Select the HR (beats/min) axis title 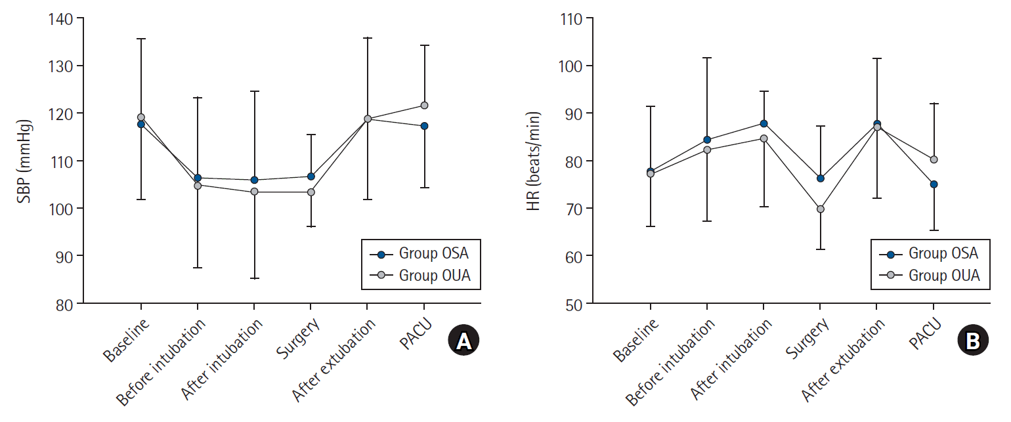[535, 161]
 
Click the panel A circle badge [463, 341]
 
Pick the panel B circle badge [973, 341]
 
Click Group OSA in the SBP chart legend [433, 253]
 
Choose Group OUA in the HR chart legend [943, 276]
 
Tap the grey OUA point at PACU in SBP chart [424, 105]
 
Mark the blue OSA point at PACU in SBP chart [424, 125]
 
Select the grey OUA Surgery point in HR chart [820, 209]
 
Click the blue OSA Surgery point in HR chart [820, 178]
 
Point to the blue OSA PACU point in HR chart [934, 184]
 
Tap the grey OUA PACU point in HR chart [934, 159]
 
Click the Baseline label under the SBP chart [126, 340]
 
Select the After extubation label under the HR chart [843, 360]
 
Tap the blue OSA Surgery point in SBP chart [311, 176]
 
